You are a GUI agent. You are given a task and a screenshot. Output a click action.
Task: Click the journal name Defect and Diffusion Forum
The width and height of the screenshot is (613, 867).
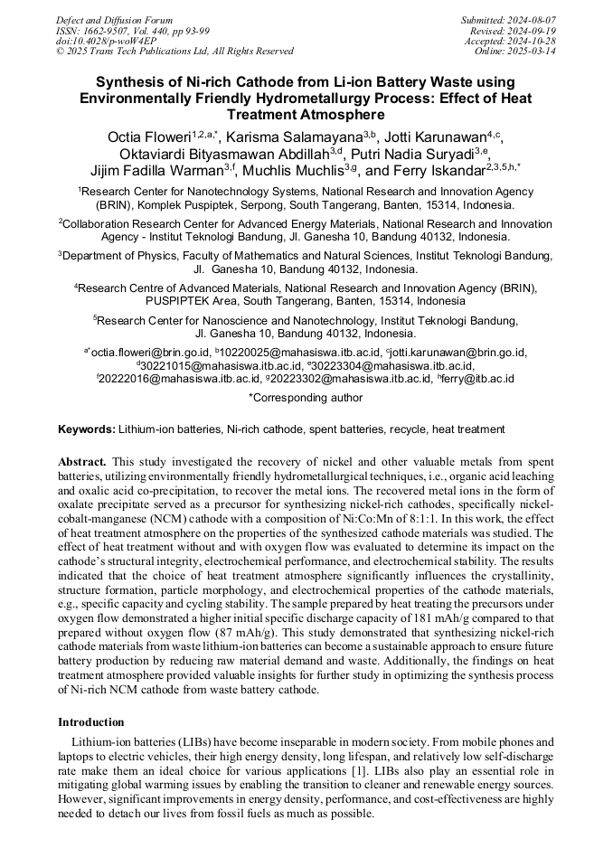tap(110, 20)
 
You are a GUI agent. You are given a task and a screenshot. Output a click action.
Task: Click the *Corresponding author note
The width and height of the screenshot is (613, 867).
tap(306, 398)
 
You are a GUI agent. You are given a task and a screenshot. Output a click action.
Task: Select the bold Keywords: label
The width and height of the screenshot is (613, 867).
tap(87, 429)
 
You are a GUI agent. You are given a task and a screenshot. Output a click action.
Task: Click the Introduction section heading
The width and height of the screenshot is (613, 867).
tap(91, 722)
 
